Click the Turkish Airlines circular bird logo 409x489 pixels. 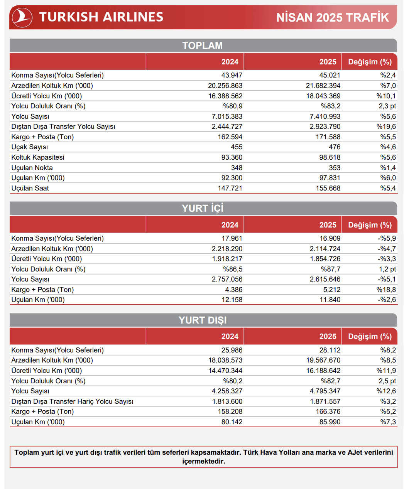(x=22, y=17)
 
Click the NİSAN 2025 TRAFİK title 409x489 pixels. (x=333, y=17)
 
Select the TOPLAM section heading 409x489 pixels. (x=203, y=46)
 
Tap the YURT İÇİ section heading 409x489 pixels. (x=203, y=208)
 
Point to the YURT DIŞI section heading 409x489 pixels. (x=203, y=320)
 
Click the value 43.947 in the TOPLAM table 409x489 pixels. (x=232, y=75)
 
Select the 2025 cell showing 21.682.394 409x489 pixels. (x=323, y=86)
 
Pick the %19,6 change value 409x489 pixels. (x=386, y=126)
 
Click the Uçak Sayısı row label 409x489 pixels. (x=30, y=147)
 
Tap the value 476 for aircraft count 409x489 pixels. (x=335, y=147)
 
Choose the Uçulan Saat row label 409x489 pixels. (x=30, y=188)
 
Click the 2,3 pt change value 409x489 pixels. (x=387, y=106)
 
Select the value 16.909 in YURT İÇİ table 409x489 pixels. (x=330, y=238)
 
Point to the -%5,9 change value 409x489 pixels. (x=387, y=238)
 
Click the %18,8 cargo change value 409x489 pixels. (x=386, y=290)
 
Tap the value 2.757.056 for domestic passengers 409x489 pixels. (x=227, y=279)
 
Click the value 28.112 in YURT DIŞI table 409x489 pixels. (x=330, y=350)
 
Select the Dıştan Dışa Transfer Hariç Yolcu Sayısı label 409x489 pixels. (x=72, y=401)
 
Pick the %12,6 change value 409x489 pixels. (x=386, y=391)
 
